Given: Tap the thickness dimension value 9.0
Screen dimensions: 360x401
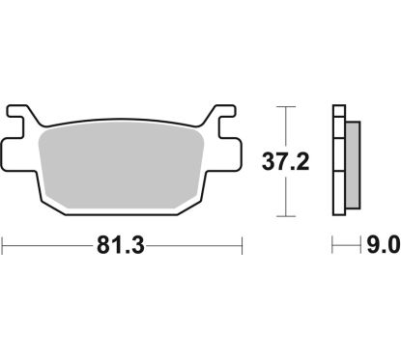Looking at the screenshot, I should (x=376, y=246).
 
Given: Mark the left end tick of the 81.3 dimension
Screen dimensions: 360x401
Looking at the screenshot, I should (x=2, y=246).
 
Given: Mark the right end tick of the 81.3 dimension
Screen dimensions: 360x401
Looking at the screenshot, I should (x=240, y=246).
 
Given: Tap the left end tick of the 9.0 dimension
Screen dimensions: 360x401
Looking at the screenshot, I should (x=333, y=246).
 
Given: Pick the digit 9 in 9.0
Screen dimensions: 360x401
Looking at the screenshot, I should (x=365, y=246).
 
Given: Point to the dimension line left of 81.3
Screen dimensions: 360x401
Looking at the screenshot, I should (x=48, y=246).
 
